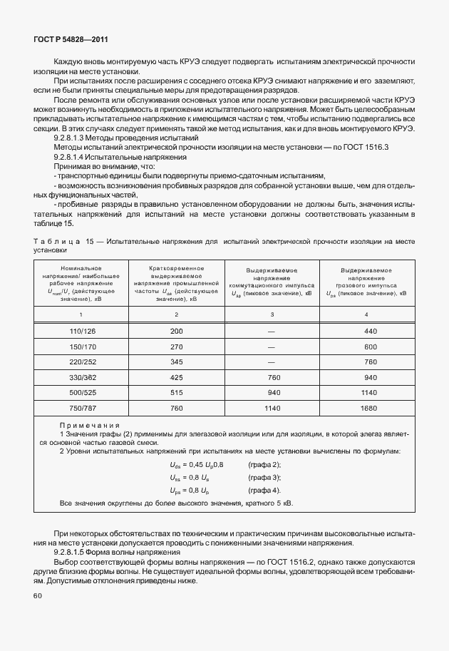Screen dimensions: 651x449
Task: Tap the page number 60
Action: point(38,596)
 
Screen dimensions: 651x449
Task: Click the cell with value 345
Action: point(176,362)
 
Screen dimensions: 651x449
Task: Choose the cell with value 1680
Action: point(368,409)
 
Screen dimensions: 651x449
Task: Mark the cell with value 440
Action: point(368,332)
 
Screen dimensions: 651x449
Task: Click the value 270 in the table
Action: point(176,347)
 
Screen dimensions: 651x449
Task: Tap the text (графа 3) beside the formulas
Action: point(264,477)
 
